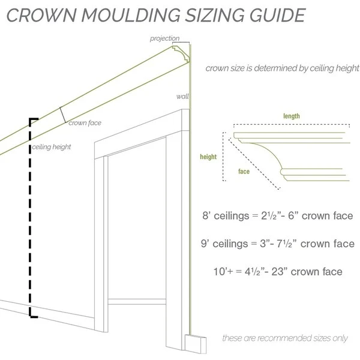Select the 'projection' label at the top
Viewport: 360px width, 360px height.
coord(164,39)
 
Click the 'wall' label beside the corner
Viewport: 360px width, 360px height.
coord(182,96)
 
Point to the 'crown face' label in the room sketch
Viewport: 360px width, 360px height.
coord(85,123)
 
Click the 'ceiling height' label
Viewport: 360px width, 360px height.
coord(52,147)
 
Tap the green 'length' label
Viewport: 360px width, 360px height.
coord(292,116)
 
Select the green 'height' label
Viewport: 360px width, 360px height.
coord(208,157)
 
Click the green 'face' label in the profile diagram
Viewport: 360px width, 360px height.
coord(243,172)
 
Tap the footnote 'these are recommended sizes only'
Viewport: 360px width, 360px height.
coord(284,338)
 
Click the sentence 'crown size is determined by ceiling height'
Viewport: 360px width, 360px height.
coord(282,68)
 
